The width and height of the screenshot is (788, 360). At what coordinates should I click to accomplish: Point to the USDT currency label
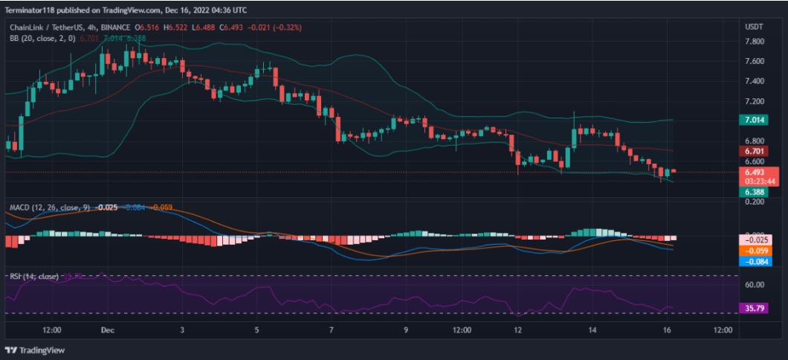(754, 26)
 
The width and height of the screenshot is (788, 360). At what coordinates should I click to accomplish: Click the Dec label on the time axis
(107, 329)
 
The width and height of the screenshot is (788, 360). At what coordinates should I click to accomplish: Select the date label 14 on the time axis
(592, 329)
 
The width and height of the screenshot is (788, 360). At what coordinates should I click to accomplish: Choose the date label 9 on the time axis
(406, 329)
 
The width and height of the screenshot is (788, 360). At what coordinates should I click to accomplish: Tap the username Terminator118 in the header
(34, 10)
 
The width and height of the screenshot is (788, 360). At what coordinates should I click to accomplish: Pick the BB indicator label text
(16, 37)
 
